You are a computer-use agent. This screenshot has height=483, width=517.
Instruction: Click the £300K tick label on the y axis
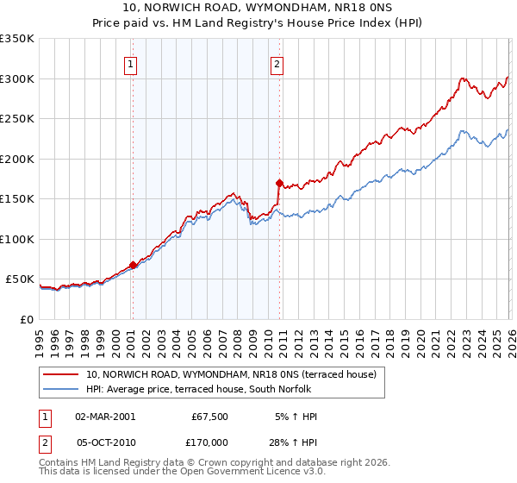pyautogui.click(x=17, y=78)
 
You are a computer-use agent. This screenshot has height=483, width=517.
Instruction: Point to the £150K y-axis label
pyautogui.click(x=17, y=198)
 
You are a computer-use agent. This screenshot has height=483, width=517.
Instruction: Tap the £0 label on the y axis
pyautogui.click(x=28, y=319)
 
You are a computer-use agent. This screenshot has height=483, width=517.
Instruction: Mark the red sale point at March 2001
pyautogui.click(x=133, y=265)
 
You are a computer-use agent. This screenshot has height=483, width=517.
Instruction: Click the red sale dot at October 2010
pyautogui.click(x=278, y=183)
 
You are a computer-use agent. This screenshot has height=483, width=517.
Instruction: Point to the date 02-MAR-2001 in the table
pyautogui.click(x=105, y=417)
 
